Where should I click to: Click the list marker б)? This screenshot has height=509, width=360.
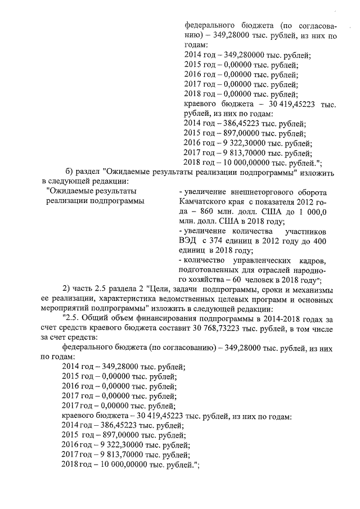click(x=70, y=171)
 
